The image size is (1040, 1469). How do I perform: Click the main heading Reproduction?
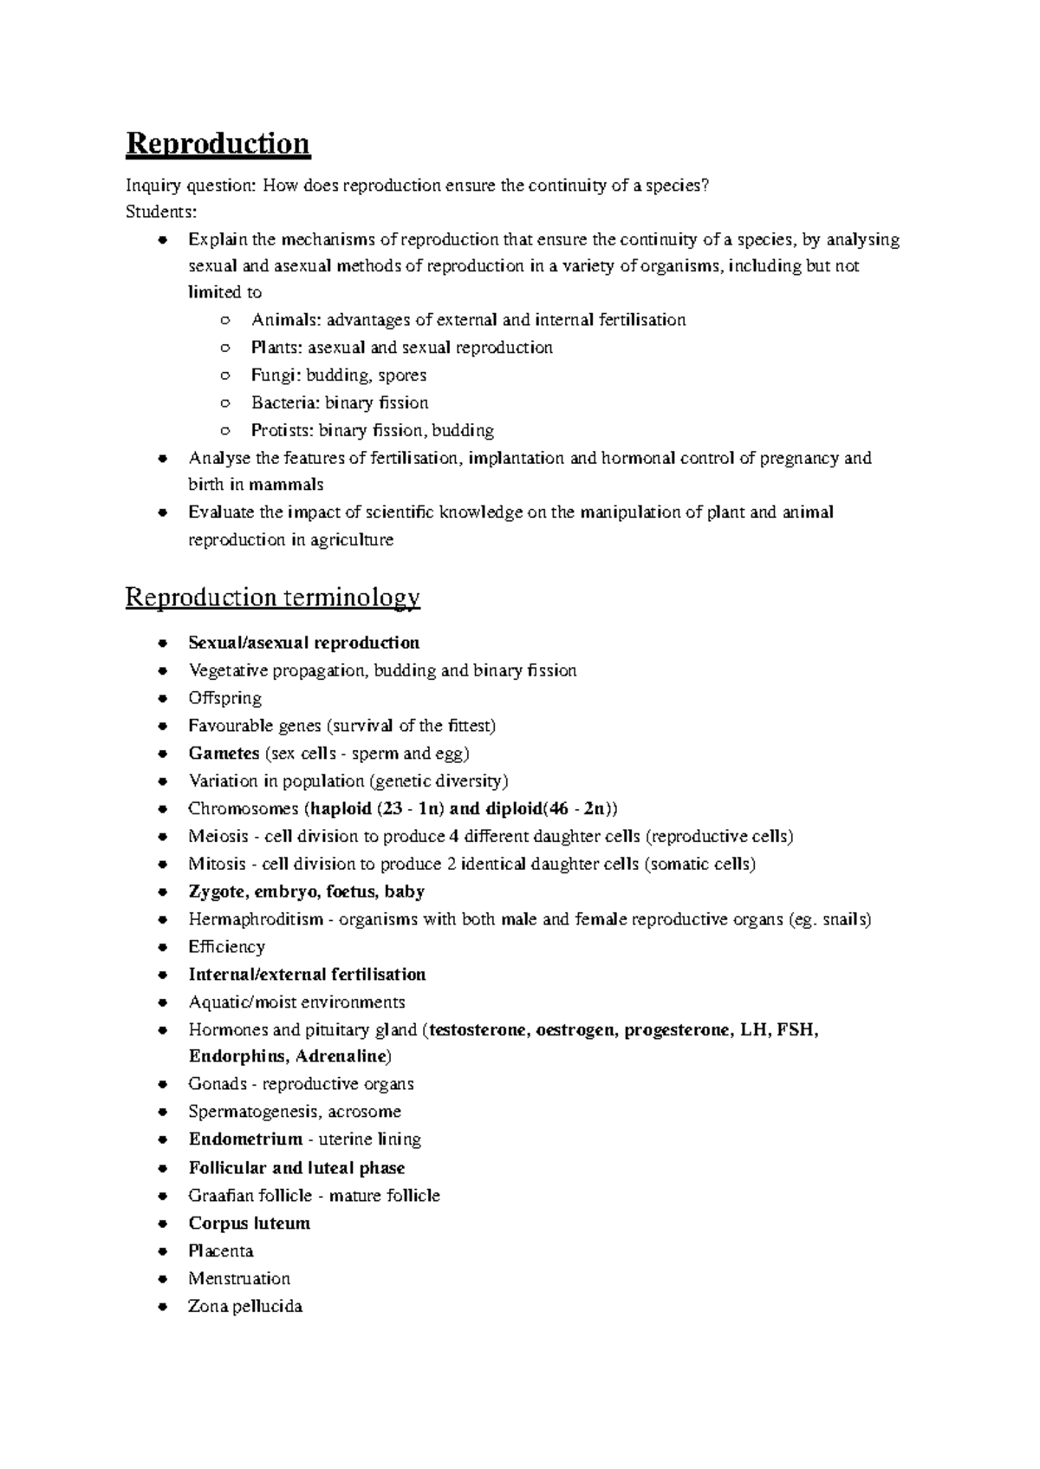pos(218,143)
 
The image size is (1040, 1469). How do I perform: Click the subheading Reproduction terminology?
pos(272,597)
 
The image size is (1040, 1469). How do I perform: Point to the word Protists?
pos(281,430)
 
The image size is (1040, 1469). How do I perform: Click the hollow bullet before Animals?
pos(224,321)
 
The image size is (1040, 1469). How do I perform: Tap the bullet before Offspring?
pos(162,699)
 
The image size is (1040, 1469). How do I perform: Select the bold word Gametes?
pos(224,754)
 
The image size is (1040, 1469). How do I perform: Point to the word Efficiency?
pos(226,947)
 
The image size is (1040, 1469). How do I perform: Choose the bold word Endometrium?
pos(245,1139)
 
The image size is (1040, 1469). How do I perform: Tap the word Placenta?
pos(220,1251)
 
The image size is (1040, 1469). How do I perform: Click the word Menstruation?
pos(238,1279)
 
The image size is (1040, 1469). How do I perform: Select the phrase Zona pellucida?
pos(244,1307)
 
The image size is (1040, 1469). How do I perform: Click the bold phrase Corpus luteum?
pos(249,1224)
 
